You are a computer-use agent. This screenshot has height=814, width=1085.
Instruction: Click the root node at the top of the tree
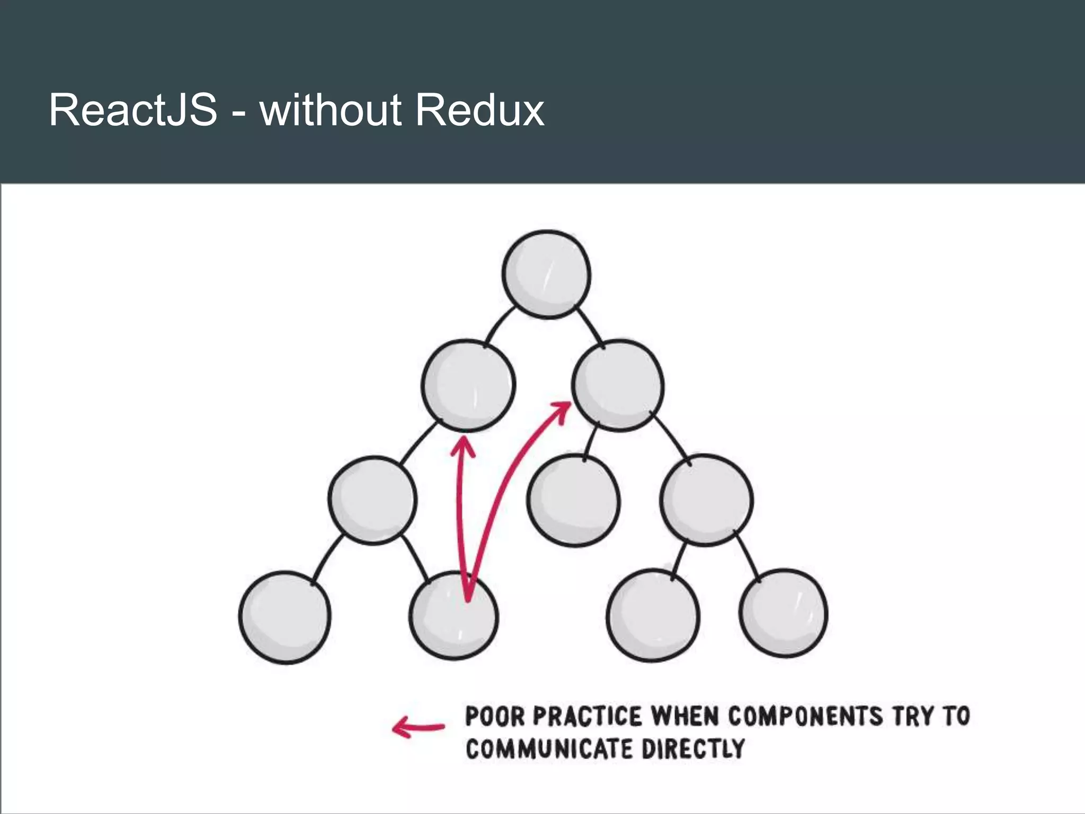click(546, 275)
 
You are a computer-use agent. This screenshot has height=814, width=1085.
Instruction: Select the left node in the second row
click(468, 385)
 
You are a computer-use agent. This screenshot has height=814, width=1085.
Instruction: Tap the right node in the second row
click(618, 385)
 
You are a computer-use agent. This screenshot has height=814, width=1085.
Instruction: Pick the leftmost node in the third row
click(372, 500)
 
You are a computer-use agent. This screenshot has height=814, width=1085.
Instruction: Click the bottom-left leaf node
click(285, 617)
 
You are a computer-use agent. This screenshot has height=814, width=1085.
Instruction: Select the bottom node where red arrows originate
click(454, 616)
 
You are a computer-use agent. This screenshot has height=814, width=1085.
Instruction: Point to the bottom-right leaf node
click(784, 613)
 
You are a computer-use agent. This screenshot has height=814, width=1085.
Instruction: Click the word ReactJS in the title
click(133, 110)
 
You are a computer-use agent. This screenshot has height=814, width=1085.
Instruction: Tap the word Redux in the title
click(479, 110)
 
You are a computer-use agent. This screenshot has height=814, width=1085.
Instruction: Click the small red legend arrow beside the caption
click(418, 727)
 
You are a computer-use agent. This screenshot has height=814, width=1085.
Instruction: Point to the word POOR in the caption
click(494, 716)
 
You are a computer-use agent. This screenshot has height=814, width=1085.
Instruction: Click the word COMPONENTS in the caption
click(805, 716)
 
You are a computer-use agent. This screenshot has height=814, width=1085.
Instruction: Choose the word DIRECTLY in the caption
click(693, 749)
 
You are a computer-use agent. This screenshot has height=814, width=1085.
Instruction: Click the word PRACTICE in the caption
click(587, 716)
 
